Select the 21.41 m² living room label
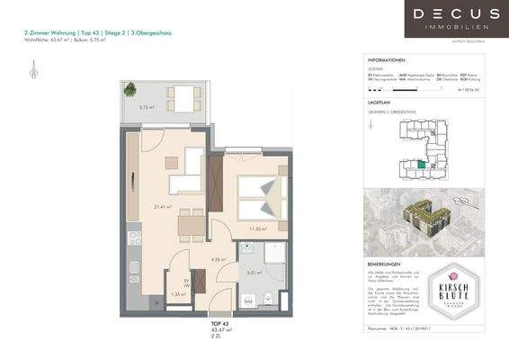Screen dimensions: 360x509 click(163, 208)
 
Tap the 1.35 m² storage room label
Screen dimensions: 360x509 click(177, 293)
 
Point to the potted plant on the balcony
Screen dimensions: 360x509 click(128, 89)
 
